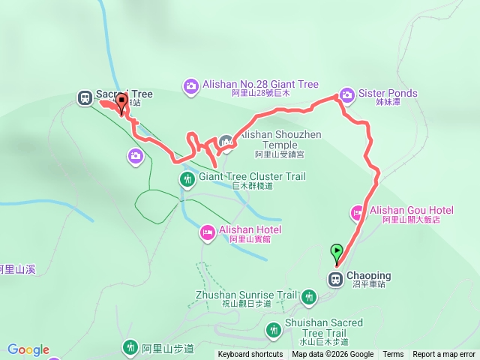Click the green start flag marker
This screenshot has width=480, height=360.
point(337,252)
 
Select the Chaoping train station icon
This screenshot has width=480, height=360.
point(334,279)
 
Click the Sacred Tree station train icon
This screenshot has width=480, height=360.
point(85,97)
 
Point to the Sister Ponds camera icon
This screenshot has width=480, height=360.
point(346,94)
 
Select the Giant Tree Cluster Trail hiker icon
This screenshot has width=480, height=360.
point(187,178)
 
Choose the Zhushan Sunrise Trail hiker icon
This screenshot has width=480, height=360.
point(308,297)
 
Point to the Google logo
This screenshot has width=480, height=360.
point(28,349)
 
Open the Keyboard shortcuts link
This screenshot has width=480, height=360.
point(250,355)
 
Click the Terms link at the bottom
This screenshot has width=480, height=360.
point(393,355)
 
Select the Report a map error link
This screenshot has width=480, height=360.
point(444,355)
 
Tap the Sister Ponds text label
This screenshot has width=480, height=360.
point(388,94)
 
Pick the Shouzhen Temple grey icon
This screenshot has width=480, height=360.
point(226,141)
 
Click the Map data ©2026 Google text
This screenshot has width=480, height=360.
point(332,355)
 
